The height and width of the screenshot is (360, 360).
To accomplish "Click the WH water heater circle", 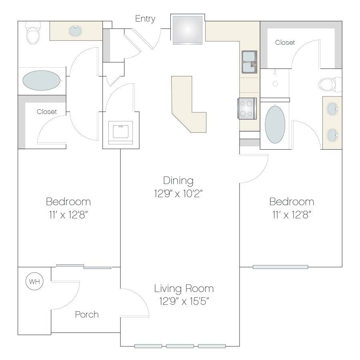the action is click(x=34, y=281).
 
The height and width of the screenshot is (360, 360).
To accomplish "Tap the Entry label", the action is click(x=145, y=19).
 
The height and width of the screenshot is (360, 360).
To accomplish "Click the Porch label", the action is click(x=87, y=314).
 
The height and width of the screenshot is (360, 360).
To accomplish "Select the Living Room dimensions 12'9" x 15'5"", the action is click(x=184, y=301).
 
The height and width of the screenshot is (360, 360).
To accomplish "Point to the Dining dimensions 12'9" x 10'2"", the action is click(x=178, y=193).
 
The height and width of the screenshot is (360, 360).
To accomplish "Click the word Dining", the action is click(x=178, y=181).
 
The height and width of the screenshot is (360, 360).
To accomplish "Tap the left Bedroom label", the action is click(x=68, y=202).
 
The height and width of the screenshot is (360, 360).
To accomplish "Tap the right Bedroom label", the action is click(x=292, y=202).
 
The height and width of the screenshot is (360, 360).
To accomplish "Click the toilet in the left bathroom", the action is click(x=33, y=33).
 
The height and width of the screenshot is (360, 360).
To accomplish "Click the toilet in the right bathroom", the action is click(x=330, y=84).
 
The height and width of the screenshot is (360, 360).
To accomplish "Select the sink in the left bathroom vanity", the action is click(x=75, y=31).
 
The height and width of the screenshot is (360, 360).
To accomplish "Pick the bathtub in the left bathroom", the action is click(x=42, y=80).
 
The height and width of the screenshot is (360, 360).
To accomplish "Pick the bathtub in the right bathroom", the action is click(x=275, y=124).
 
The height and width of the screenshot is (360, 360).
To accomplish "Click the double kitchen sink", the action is click(x=249, y=62).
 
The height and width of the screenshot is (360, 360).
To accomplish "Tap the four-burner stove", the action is click(x=247, y=108).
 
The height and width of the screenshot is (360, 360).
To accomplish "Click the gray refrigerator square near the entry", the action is click(x=187, y=29).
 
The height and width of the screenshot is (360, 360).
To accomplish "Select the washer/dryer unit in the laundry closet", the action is click(x=120, y=132).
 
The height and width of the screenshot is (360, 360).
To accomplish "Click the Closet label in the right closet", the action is click(x=285, y=42).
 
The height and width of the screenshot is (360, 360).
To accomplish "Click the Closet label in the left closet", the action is click(x=47, y=112).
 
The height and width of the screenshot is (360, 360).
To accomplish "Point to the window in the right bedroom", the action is click(x=280, y=267).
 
